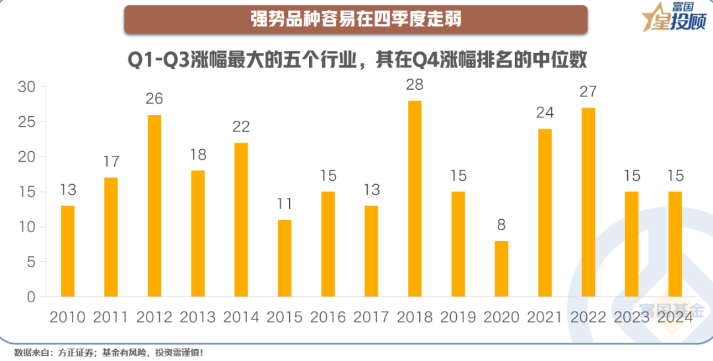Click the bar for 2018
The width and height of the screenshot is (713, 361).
pyautogui.click(x=415, y=199)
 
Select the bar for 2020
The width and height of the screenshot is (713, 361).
pyautogui.click(x=502, y=269)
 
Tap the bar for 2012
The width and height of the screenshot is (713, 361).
pyautogui.click(x=154, y=206)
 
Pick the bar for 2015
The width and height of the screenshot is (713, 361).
pyautogui.click(x=285, y=258)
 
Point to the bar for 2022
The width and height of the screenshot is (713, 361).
pyautogui.click(x=588, y=202)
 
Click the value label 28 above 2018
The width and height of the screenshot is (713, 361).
pyautogui.click(x=415, y=85)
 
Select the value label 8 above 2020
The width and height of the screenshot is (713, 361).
pyautogui.click(x=502, y=225)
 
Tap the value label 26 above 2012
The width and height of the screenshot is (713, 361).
pyautogui.click(x=154, y=99)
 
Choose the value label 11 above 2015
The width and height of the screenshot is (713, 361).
pyautogui.click(x=285, y=204)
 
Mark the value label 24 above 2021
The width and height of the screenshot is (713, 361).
pyautogui.click(x=545, y=113)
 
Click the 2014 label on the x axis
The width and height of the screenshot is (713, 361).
pyautogui.click(x=241, y=317)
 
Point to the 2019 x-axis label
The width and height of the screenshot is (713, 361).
pyautogui.click(x=458, y=317)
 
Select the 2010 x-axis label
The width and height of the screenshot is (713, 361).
pyautogui.click(x=67, y=317)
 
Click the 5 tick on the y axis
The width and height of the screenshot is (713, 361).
pyautogui.click(x=31, y=262)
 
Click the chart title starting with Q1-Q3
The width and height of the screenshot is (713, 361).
pyautogui.click(x=356, y=61)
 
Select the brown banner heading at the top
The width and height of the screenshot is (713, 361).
pyautogui.click(x=356, y=19)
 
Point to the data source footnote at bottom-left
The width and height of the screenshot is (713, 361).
pyautogui.click(x=109, y=352)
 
